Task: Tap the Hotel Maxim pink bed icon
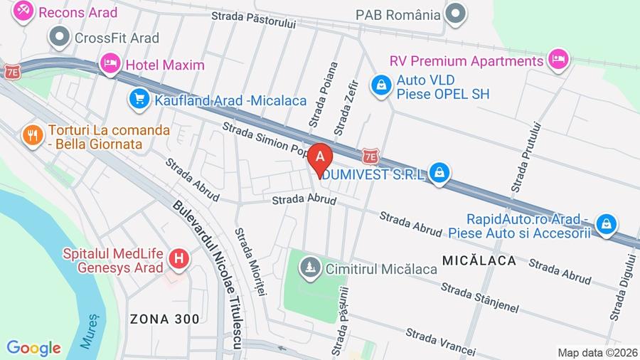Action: [110, 64]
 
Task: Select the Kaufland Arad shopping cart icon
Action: [139, 99]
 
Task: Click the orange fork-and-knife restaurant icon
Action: [32, 134]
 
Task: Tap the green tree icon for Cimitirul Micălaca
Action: [309, 268]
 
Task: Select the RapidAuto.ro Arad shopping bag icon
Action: [607, 224]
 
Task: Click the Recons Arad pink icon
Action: [23, 11]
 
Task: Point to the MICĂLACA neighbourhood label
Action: [479, 261]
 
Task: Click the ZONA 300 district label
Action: [164, 319]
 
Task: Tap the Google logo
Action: [33, 349]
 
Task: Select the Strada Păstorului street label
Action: [253, 19]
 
